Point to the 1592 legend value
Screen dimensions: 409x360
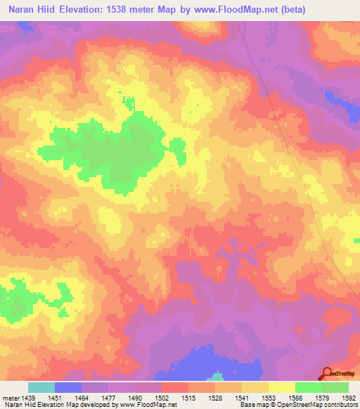[349, 397]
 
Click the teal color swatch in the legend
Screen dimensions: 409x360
[41, 387]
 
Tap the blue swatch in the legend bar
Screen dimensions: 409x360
[68, 387]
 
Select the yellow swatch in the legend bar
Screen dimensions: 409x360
[282, 387]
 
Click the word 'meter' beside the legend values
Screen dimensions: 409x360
[11, 397]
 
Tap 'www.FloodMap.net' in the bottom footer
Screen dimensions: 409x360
[147, 405]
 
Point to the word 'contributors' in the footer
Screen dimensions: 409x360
[339, 405]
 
